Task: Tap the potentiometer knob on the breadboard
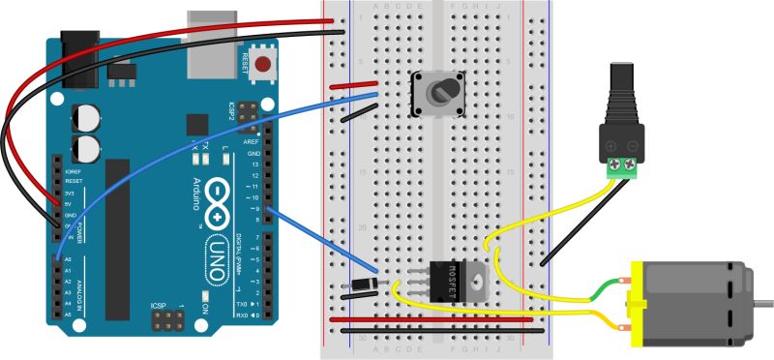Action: pyautogui.click(x=441, y=94)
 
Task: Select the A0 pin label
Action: pyautogui.click(x=68, y=260)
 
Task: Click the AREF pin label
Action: pyautogui.click(x=253, y=142)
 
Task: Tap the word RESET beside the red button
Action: pyautogui.click(x=243, y=64)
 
